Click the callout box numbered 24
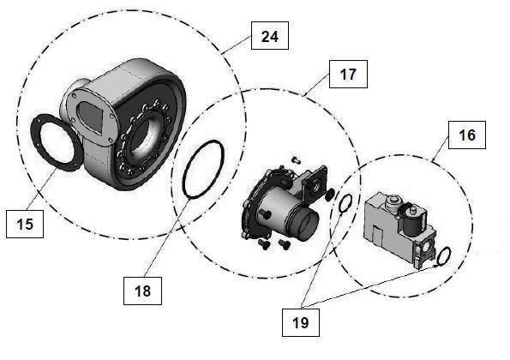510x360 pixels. click(270, 36)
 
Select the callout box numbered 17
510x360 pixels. click(348, 75)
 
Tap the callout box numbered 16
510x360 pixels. click(467, 135)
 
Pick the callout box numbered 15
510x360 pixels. click(25, 224)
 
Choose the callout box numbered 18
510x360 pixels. click(142, 291)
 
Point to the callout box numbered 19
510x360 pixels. click(301, 322)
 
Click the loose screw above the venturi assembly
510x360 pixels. click(296, 159)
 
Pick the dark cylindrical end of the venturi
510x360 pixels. click(308, 225)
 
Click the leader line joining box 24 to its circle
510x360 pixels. click(236, 45)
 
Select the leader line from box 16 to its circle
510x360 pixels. click(441, 149)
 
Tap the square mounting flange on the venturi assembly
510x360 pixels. click(314, 183)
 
